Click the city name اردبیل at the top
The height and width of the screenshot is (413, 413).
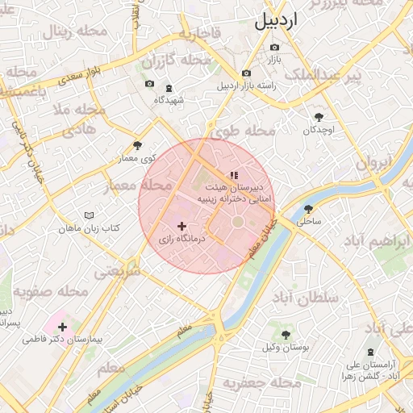coord(276,21)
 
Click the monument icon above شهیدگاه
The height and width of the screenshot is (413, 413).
coord(169,89)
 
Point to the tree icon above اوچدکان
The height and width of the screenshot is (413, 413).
coord(319,117)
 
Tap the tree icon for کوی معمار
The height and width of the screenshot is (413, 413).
coord(137,146)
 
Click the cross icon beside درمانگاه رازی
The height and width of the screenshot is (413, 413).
coord(181,227)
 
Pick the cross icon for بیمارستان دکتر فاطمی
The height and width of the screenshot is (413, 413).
coord(62,327)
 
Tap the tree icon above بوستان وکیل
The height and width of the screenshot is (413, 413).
coord(286,334)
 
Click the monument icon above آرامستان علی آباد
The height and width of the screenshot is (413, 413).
coord(370,353)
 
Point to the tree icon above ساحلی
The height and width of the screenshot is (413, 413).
coord(315,206)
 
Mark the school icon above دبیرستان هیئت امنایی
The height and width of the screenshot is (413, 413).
coord(234,174)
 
